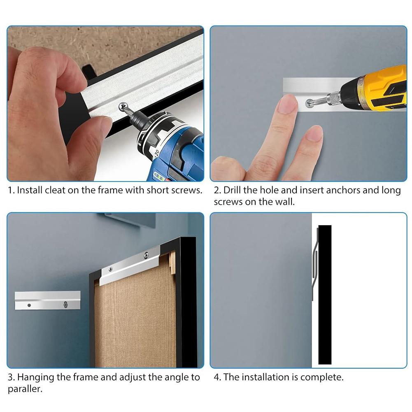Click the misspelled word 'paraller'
pyautogui.click(x=25, y=389)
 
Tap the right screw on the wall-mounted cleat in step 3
pyautogui.click(x=65, y=305)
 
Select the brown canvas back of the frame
pyautogui.click(x=132, y=321)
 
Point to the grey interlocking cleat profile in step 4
pyautogui.click(x=315, y=263)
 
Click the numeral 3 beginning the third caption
pyautogui.click(x=10, y=377)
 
